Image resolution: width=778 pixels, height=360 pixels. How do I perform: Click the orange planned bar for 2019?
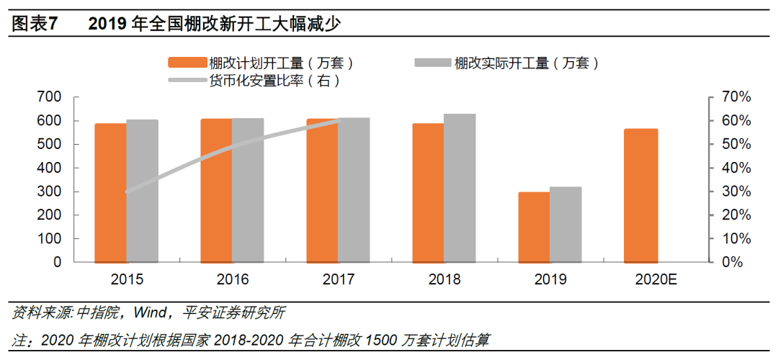pyautogui.click(x=534, y=227)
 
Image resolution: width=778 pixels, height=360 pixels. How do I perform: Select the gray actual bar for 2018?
pyautogui.click(x=460, y=188)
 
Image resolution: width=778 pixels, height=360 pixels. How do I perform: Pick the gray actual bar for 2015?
pyautogui.click(x=142, y=191)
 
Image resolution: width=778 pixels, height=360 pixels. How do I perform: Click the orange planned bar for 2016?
pyautogui.click(x=216, y=190)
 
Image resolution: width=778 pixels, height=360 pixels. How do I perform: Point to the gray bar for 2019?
pyautogui.click(x=565, y=224)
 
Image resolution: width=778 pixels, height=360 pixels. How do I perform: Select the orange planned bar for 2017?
pyautogui.click(x=322, y=190)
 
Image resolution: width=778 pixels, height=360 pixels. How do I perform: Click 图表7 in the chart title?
pyautogui.click(x=34, y=24)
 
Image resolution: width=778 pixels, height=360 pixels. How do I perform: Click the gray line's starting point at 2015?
pyautogui.click(x=127, y=192)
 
